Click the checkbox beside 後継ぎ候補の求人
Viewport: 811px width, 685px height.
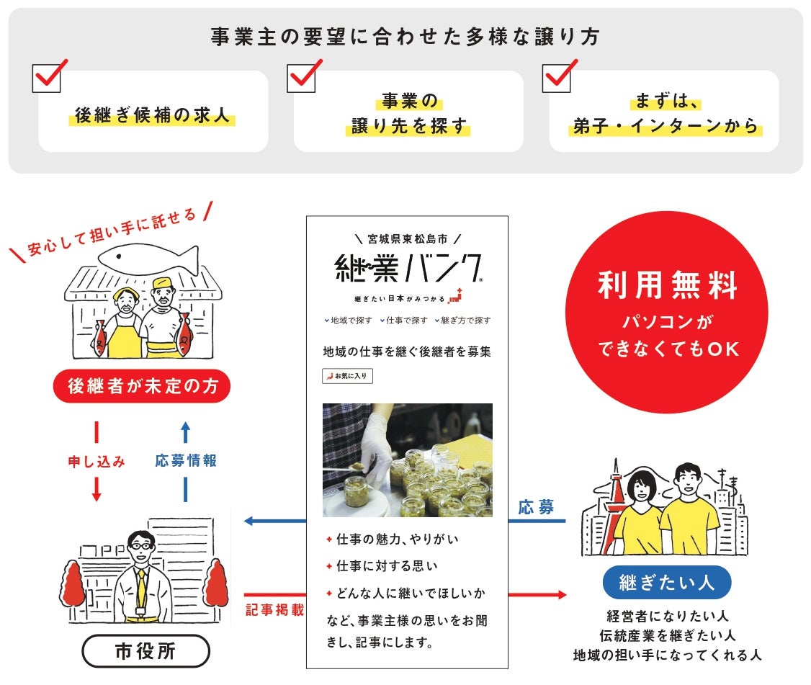coord(47,78)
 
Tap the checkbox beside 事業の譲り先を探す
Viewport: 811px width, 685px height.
coord(302,78)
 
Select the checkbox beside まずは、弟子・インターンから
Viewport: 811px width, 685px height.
coord(557,78)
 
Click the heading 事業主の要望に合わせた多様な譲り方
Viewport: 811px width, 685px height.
coord(405,37)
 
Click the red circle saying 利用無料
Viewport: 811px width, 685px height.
coord(668,311)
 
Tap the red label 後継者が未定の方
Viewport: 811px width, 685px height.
coord(142,387)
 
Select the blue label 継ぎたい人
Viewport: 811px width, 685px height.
coord(666,582)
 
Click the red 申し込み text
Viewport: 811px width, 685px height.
coord(97,462)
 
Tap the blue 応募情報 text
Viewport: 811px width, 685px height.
coord(186,461)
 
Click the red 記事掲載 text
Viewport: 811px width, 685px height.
coord(274,609)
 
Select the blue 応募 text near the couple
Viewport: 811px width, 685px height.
coord(536,507)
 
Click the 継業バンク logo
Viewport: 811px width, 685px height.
coord(408,269)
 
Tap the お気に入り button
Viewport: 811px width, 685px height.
coord(347,376)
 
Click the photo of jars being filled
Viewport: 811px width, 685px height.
coord(407,460)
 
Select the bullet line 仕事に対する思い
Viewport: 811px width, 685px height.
coord(386,566)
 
